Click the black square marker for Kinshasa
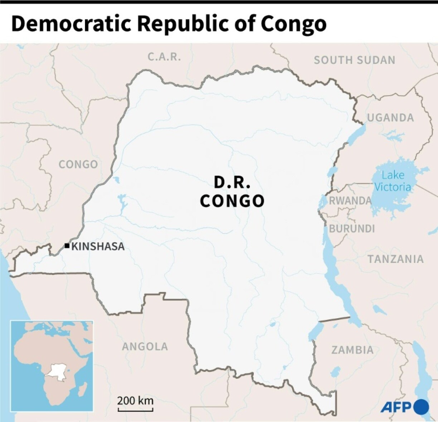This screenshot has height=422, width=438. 67,246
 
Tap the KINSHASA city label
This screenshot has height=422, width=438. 98,246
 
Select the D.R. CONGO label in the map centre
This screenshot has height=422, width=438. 232,192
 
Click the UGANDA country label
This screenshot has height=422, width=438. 390,118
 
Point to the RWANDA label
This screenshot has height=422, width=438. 350,200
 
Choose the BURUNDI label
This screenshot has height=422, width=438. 352,229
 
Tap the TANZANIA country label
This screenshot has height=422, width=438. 395,259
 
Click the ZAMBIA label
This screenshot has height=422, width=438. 352,350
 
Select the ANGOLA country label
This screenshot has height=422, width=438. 145,346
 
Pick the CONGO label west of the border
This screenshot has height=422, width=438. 78,164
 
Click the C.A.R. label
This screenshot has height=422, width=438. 164,57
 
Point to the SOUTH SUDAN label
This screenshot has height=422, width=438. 354,60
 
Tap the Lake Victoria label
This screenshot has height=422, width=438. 393,181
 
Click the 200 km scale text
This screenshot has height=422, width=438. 135,400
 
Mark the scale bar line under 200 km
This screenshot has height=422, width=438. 135,409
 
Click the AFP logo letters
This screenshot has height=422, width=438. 396,407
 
